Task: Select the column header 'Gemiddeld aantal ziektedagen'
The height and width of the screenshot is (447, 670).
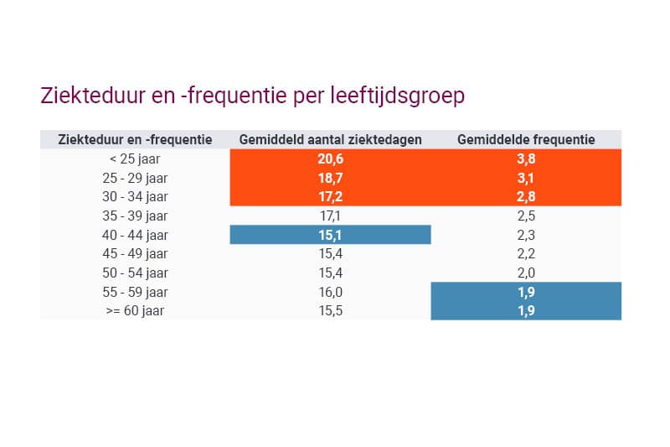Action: coord(330,139)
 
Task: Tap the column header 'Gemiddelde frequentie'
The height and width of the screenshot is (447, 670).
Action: coord(526,139)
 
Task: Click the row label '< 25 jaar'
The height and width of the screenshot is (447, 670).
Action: coord(135,159)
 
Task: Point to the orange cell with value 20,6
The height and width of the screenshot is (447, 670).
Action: coord(330,159)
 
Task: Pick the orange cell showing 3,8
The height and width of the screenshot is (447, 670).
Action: coord(526,159)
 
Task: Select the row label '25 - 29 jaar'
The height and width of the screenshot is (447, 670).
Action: coord(135,178)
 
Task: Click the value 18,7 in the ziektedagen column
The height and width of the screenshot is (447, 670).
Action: coord(330,178)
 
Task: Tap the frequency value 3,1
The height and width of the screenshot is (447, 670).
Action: coord(526,178)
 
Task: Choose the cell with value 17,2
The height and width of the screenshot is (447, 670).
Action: coord(330,197)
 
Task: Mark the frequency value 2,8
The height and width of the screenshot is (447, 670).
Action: coord(526,197)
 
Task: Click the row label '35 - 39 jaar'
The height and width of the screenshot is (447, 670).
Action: coord(135,216)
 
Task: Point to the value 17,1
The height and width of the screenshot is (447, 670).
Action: coord(330,216)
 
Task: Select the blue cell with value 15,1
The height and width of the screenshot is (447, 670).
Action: coord(330,235)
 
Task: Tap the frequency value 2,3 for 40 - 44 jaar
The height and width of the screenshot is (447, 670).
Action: coord(526,235)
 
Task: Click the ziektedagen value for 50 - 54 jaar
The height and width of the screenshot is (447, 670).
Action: coord(330,273)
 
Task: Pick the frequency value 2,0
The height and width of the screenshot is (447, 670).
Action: coord(526,273)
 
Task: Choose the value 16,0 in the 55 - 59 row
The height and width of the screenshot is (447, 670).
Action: coord(330,292)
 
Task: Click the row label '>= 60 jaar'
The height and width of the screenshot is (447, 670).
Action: coord(135,310)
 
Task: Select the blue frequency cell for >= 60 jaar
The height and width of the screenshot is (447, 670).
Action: coord(526,310)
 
